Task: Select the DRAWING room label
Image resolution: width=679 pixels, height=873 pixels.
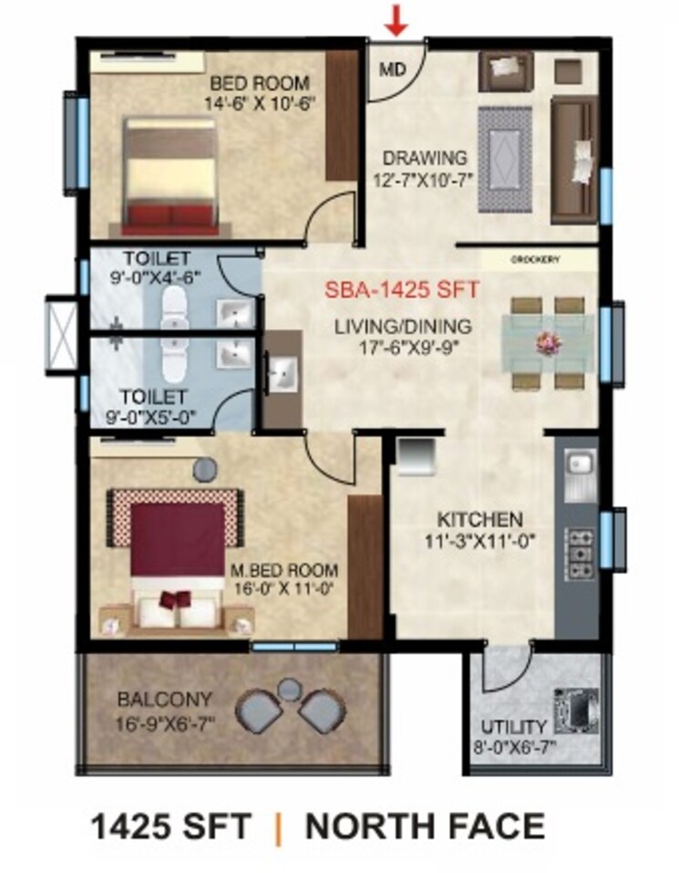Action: (x=425, y=157)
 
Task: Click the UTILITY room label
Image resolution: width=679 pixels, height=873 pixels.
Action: (x=516, y=726)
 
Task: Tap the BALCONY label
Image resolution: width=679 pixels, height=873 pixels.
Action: (x=165, y=700)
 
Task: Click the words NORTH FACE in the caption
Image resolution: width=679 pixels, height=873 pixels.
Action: (x=425, y=826)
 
